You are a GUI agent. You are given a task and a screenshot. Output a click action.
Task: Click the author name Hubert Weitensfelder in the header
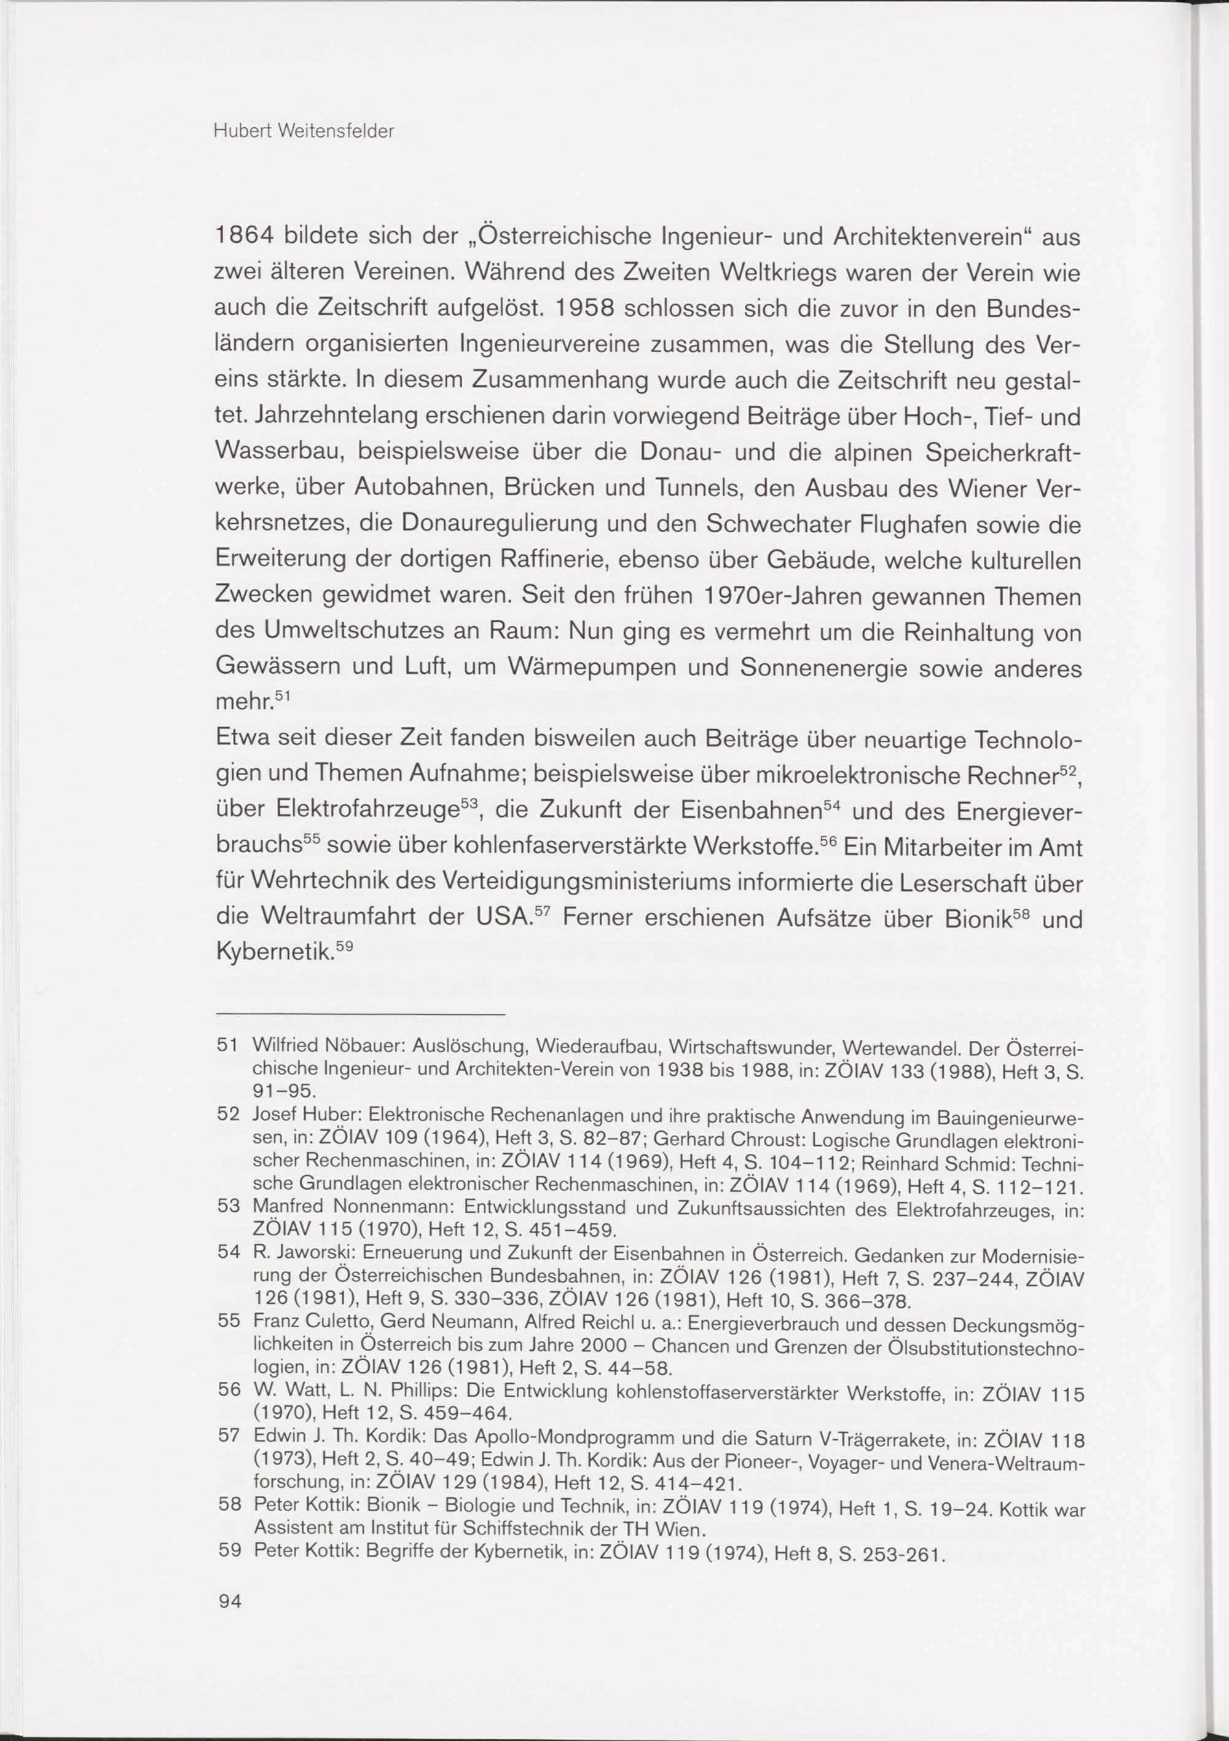[304, 131]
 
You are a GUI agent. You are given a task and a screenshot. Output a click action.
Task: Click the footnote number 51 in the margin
[228, 1046]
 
